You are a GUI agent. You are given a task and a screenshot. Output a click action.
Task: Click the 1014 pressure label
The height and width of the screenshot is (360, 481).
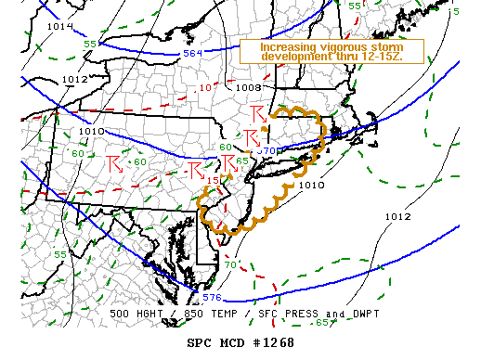(59, 26)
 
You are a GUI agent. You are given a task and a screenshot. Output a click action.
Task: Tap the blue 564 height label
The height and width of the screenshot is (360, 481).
(191, 54)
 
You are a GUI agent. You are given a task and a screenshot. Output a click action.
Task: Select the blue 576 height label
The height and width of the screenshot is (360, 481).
(213, 298)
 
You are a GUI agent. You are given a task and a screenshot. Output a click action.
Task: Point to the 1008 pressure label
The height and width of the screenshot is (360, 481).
(249, 88)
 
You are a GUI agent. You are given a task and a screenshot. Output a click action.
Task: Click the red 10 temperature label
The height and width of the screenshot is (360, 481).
(205, 87)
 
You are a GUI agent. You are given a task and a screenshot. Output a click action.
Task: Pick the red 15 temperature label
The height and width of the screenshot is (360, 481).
(213, 180)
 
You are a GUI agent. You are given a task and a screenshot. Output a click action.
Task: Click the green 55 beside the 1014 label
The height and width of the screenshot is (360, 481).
(90, 45)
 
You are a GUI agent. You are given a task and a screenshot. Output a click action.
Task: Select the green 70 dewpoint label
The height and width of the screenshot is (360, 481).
(229, 265)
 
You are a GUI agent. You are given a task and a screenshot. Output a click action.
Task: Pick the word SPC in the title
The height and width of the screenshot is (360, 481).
(201, 342)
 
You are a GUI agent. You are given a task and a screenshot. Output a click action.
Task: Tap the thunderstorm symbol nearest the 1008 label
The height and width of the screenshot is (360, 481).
(258, 114)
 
